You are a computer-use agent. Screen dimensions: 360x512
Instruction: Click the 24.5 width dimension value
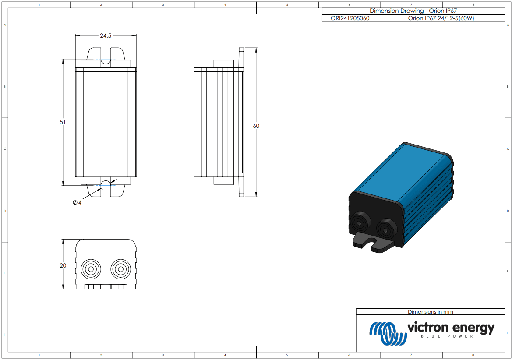pyautogui.click(x=106, y=36)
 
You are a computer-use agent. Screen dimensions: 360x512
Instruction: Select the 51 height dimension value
pyautogui.click(x=63, y=122)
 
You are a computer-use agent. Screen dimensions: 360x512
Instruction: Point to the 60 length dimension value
pyautogui.click(x=256, y=126)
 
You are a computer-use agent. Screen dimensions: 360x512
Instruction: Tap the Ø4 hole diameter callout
pyautogui.click(x=77, y=202)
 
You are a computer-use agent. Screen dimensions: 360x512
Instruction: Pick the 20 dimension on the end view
pyautogui.click(x=63, y=265)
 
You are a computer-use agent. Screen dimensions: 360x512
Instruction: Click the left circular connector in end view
pyautogui.click(x=91, y=268)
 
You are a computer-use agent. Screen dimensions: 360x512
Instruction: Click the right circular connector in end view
pyautogui.click(x=120, y=268)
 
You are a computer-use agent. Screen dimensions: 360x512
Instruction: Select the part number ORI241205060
pyautogui.click(x=349, y=18)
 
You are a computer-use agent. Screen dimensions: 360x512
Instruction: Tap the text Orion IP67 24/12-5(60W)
pyautogui.click(x=441, y=18)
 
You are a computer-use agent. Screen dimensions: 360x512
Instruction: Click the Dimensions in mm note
pyautogui.click(x=430, y=312)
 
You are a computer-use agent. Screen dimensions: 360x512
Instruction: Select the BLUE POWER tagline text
pyautogui.click(x=447, y=337)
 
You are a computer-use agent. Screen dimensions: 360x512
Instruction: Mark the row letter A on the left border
pyautogui.click(x=5, y=25)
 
